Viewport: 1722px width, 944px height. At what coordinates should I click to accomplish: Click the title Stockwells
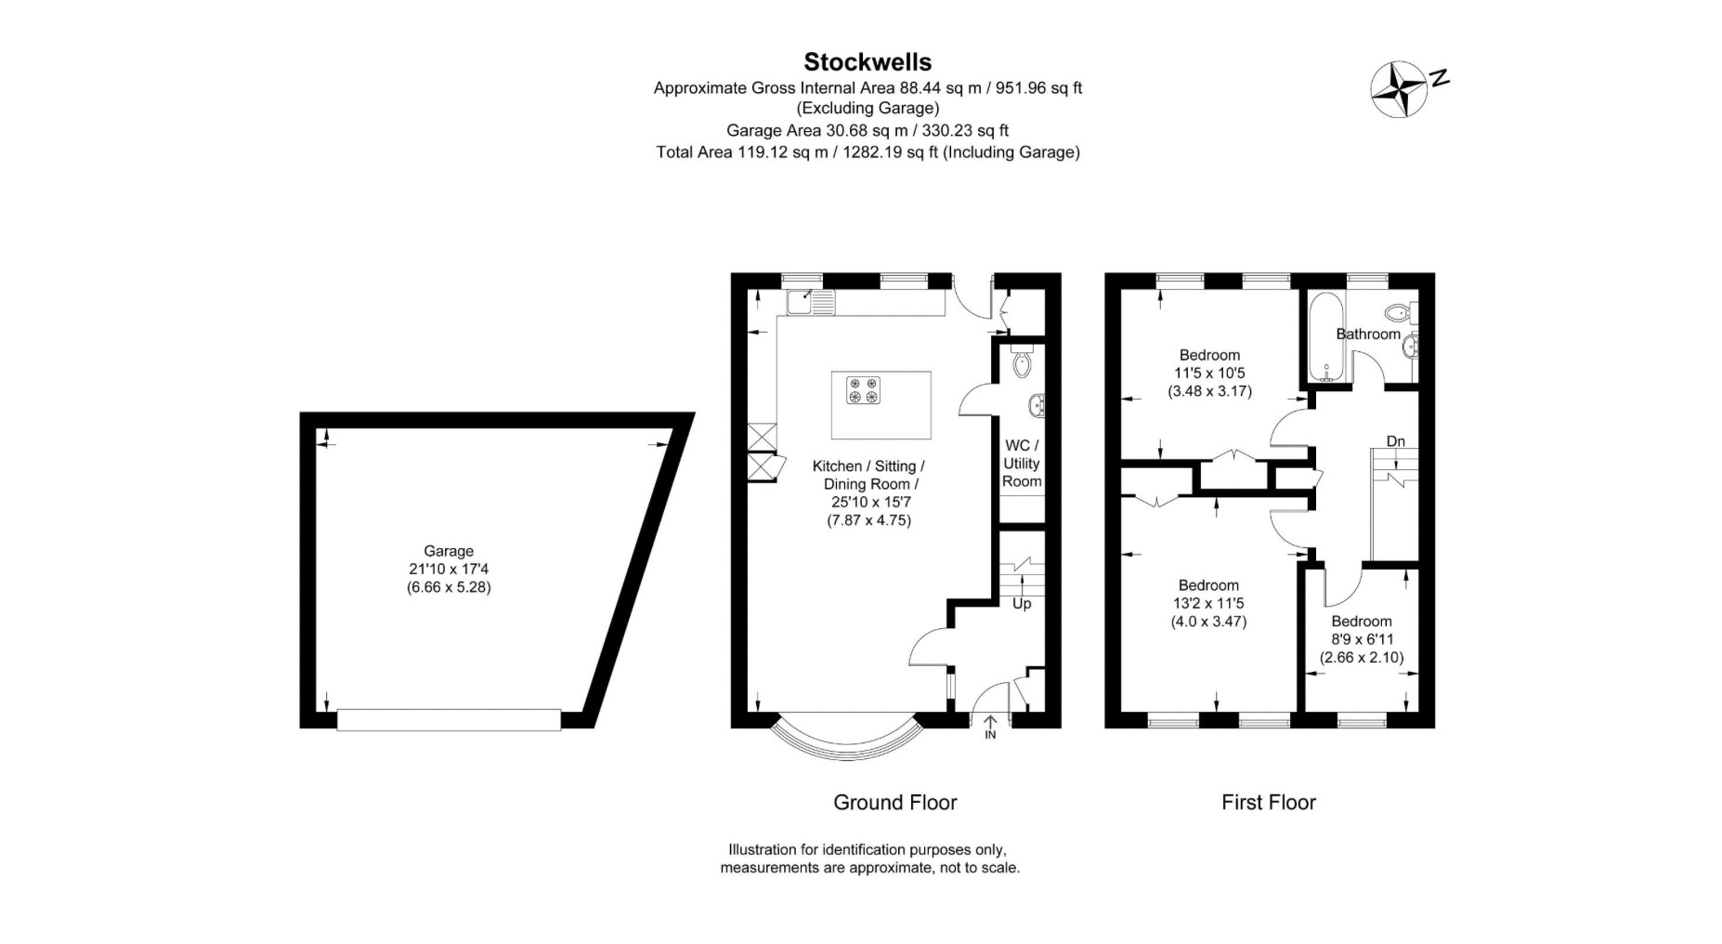click(x=867, y=61)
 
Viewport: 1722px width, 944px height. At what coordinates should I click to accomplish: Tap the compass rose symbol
click(x=1400, y=89)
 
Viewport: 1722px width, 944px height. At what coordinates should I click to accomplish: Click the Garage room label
click(x=449, y=551)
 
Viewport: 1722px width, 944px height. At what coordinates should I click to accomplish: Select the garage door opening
click(x=449, y=720)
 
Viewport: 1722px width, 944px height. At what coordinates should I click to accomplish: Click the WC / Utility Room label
click(x=1022, y=464)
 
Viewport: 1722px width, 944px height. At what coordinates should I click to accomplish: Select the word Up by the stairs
click(x=1022, y=604)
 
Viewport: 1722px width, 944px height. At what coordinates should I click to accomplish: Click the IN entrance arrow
click(x=990, y=727)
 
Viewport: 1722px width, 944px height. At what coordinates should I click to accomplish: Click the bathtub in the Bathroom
click(x=1324, y=339)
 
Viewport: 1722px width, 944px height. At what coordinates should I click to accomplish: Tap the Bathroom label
click(x=1367, y=334)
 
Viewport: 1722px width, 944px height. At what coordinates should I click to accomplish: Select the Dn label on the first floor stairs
click(x=1395, y=441)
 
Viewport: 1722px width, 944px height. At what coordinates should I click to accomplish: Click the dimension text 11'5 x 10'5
click(x=1209, y=374)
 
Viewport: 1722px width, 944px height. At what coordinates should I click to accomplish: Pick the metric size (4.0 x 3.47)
click(x=1208, y=622)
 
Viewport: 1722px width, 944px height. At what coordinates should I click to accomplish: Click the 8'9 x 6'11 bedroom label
click(x=1362, y=639)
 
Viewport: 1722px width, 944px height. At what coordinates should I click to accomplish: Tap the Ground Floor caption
click(x=894, y=802)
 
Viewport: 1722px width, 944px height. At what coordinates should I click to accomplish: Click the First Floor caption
click(x=1268, y=802)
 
